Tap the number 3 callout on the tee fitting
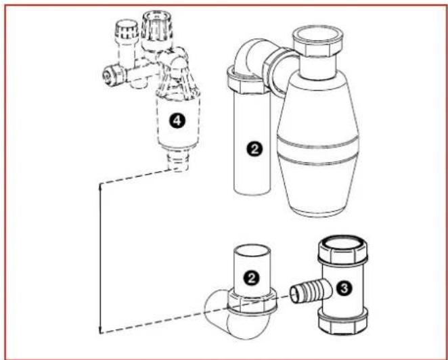tap(344, 288)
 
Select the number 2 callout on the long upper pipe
tap(254, 150)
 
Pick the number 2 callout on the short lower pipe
tap(253, 277)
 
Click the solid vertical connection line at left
tap(100, 257)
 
